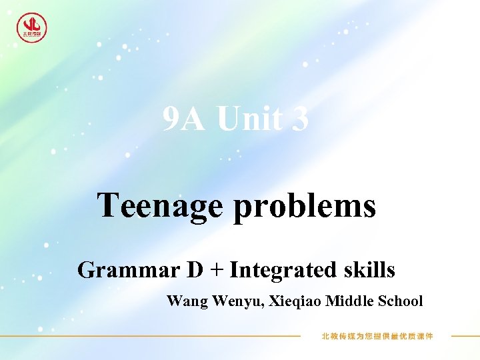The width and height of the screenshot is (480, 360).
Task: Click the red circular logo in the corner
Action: (x=31, y=27)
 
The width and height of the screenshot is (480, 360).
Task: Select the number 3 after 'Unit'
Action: (x=300, y=120)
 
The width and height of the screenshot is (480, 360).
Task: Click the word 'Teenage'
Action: (x=160, y=206)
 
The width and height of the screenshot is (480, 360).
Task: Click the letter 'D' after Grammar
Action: (x=195, y=271)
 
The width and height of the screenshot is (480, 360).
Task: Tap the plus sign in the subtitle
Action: (x=217, y=271)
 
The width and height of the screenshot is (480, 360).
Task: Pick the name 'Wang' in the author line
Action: (x=187, y=301)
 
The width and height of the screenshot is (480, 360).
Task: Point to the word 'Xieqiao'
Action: (x=299, y=301)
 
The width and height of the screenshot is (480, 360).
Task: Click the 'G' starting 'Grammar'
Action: (x=86, y=271)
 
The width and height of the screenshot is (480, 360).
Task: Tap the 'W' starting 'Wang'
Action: (x=173, y=301)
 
